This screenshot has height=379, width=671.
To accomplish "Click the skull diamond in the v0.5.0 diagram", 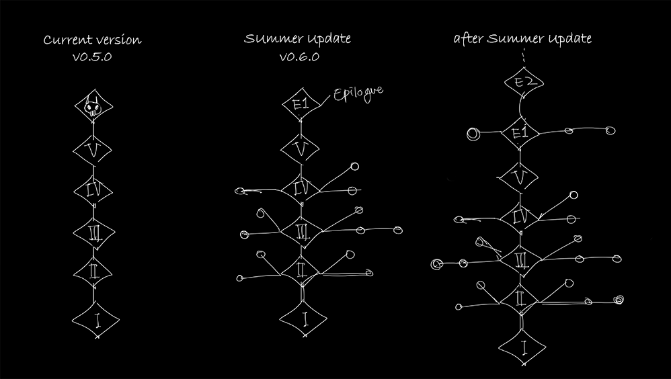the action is (93, 106).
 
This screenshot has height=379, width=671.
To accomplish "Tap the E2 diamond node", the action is (524, 82).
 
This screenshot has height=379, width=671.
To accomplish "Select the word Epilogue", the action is (358, 94).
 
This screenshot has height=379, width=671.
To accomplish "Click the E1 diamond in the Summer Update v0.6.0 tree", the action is (301, 104).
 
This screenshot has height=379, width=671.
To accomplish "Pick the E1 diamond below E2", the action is (520, 132).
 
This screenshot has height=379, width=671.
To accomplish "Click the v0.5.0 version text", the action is (92, 57).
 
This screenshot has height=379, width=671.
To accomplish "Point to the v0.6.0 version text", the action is (299, 57).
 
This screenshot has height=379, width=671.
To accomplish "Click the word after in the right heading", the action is (469, 38).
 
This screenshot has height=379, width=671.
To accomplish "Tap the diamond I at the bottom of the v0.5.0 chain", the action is (96, 320).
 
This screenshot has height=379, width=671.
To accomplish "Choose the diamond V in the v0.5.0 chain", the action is (92, 151).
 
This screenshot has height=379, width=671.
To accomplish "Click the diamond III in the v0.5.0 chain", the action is (94, 233).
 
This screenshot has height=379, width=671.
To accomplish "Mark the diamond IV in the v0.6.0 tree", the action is (301, 189).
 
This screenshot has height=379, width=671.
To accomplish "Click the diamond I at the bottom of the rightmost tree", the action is (522, 347).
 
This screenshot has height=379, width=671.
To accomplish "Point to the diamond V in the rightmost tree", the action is (518, 177).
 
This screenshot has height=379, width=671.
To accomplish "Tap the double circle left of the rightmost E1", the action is (473, 134).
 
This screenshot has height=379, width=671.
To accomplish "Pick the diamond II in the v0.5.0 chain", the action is (93, 272).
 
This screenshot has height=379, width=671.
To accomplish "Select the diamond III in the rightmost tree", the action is (520, 259).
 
